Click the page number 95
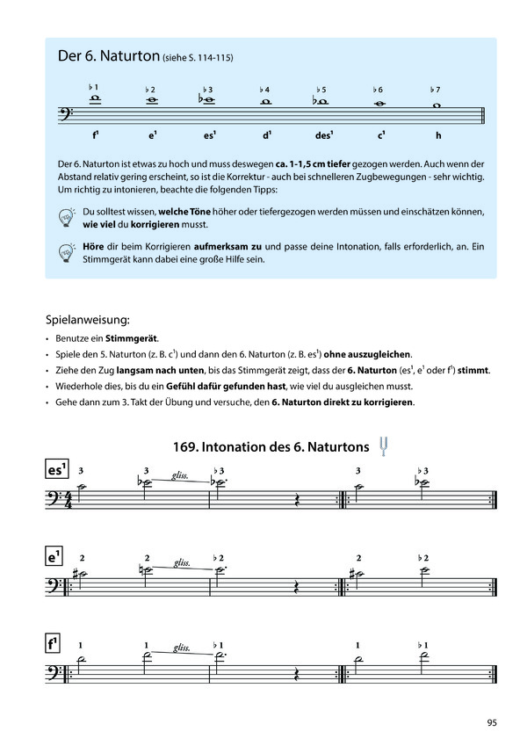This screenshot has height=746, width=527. click(492, 722)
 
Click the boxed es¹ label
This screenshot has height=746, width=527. click(57, 470)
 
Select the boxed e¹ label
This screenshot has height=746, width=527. click(55, 557)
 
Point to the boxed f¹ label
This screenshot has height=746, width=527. click(55, 645)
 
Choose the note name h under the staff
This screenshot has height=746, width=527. click(437, 136)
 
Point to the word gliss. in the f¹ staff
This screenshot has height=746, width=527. click(182, 648)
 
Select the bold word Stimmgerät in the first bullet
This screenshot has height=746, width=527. click(132, 337)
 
